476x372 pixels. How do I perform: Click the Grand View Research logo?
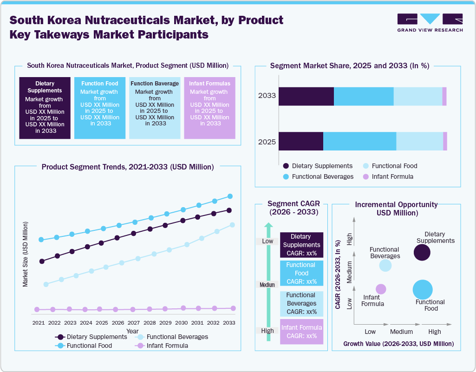[430, 23]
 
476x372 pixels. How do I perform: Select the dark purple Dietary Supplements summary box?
[45, 108]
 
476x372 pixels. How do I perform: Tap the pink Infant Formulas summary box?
[209, 108]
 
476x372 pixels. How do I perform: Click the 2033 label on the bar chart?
[267, 96]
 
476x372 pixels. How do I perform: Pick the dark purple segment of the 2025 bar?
[300, 141]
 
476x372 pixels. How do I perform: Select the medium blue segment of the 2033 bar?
[364, 96]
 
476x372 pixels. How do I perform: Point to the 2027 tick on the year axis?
[133, 322]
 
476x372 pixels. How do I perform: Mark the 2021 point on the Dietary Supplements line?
[42, 261]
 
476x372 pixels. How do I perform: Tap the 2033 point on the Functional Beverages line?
[233, 225]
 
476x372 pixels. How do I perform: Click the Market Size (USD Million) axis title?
[26, 254]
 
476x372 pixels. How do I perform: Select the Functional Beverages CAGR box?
[301, 303]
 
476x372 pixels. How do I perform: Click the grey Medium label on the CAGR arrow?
[267, 285]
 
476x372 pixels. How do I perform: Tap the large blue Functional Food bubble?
[423, 290]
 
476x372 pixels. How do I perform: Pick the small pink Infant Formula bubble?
[381, 289]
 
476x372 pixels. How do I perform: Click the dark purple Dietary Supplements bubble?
[422, 253]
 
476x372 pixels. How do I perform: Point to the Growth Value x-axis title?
[398, 344]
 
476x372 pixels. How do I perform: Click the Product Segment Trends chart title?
[128, 167]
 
